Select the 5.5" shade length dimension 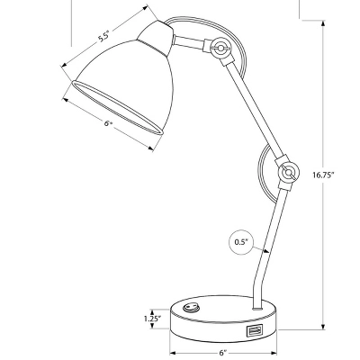[103, 36]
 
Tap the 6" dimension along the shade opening [108, 124]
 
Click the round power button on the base [190, 309]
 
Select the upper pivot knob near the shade [219, 48]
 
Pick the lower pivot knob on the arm [287, 171]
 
